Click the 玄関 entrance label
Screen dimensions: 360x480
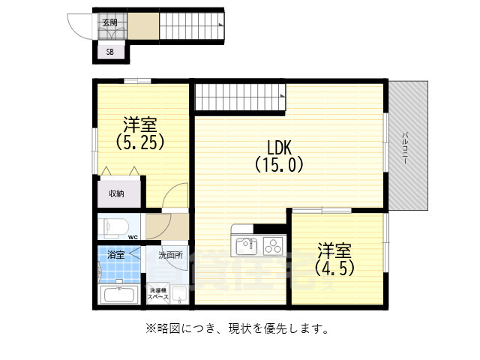109,22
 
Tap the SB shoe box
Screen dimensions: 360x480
109,52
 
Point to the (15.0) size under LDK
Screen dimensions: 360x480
280,163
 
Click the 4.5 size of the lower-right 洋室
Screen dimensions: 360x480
334,266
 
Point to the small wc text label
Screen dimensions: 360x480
133,238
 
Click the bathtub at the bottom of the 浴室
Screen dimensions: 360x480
117,294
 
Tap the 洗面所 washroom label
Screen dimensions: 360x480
170,255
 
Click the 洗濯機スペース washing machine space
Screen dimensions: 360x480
158,294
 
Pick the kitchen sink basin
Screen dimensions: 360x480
246,245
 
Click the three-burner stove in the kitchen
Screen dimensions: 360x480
272,245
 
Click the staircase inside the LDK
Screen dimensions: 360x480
240,97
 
